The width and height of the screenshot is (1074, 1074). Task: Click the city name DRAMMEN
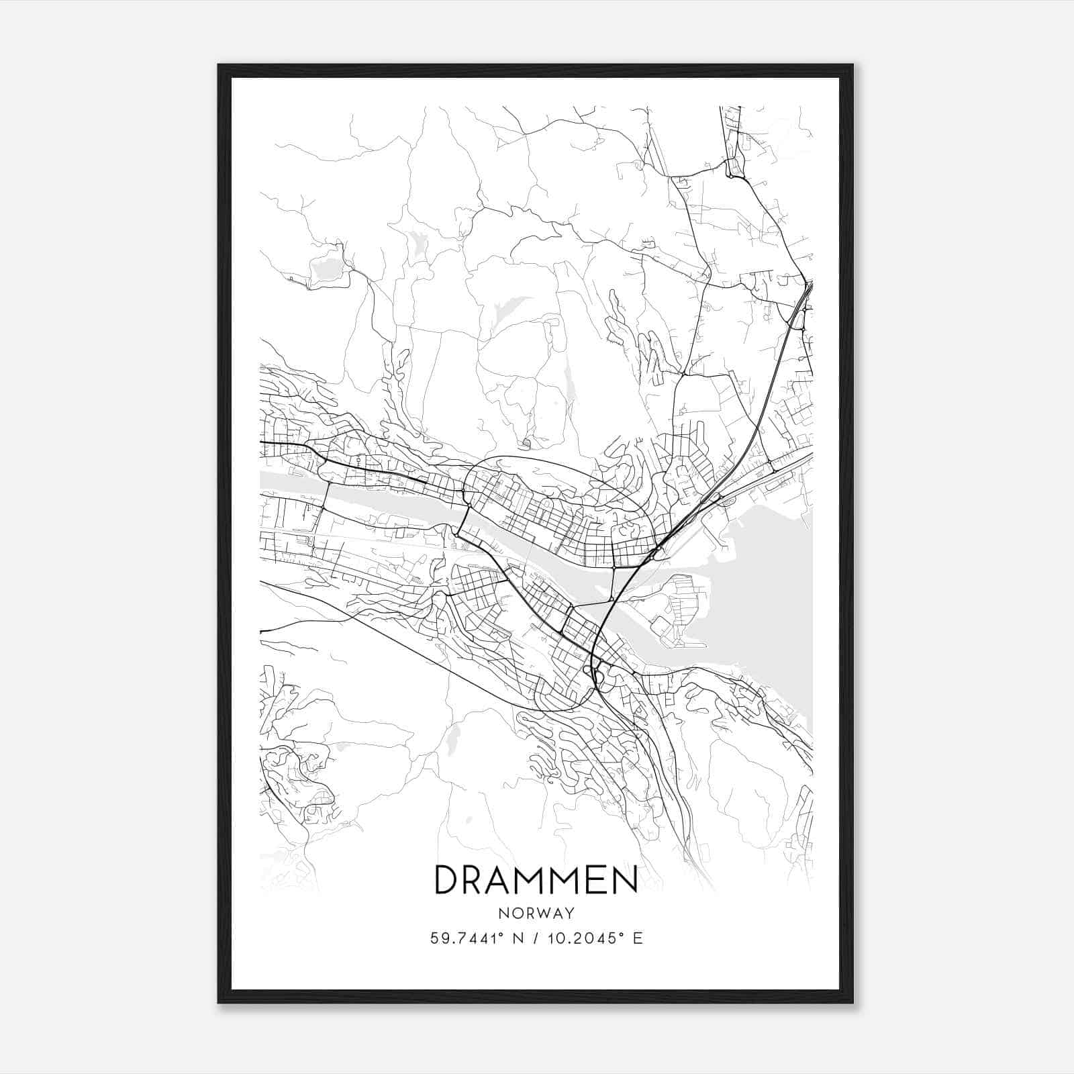point(536,880)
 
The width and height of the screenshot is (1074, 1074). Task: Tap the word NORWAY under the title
point(536,913)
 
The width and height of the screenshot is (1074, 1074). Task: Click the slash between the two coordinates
point(536,938)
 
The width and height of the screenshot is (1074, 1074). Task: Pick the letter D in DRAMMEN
point(446,880)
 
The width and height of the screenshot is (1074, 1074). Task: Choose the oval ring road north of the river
point(557,463)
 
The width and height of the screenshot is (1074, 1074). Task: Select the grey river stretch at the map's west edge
point(289,480)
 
